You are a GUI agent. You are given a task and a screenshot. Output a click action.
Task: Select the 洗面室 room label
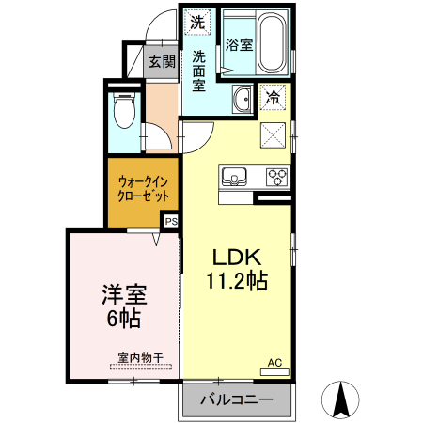[199, 70]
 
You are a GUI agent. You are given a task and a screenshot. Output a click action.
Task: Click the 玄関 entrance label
[162, 62]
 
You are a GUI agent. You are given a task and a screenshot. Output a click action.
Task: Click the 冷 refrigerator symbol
[273, 96]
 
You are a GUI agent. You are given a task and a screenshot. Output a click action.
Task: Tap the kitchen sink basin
[233, 175]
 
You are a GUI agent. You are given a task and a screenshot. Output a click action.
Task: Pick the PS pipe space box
[170, 222]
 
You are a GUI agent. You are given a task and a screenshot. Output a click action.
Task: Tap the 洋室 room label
[122, 294]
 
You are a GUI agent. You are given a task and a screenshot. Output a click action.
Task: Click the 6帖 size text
[122, 319]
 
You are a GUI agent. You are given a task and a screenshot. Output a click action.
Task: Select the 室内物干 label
[140, 357]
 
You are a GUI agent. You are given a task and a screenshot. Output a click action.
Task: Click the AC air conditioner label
[274, 362]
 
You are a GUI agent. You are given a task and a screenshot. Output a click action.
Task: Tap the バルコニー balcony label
[237, 400]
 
